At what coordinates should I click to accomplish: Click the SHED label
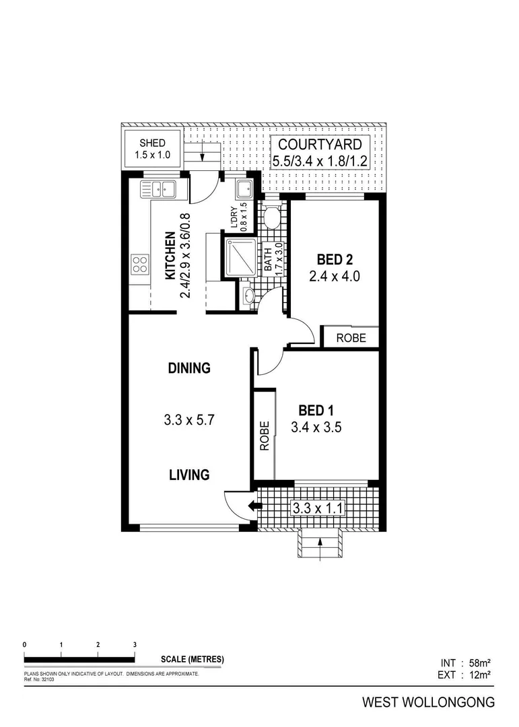coord(152,143)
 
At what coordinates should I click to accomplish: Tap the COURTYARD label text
coord(320,144)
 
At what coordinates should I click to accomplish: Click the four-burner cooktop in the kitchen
coord(140,264)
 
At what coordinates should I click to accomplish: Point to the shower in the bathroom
coord(241,258)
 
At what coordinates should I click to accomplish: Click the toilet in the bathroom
coord(273,217)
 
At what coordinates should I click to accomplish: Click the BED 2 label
coord(335,259)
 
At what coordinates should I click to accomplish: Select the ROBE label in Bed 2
coord(350,337)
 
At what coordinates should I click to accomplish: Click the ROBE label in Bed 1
coord(265,436)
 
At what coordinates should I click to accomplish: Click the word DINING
coord(189,368)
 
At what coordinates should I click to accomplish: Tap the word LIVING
coord(189,475)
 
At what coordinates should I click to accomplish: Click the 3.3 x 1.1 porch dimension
coord(316,508)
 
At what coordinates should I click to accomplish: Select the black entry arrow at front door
coord(254,507)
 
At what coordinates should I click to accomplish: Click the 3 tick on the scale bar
coord(135,645)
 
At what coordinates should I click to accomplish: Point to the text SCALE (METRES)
coord(193,659)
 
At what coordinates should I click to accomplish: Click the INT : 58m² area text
coord(465,663)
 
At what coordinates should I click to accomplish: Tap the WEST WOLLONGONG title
coord(428,702)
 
